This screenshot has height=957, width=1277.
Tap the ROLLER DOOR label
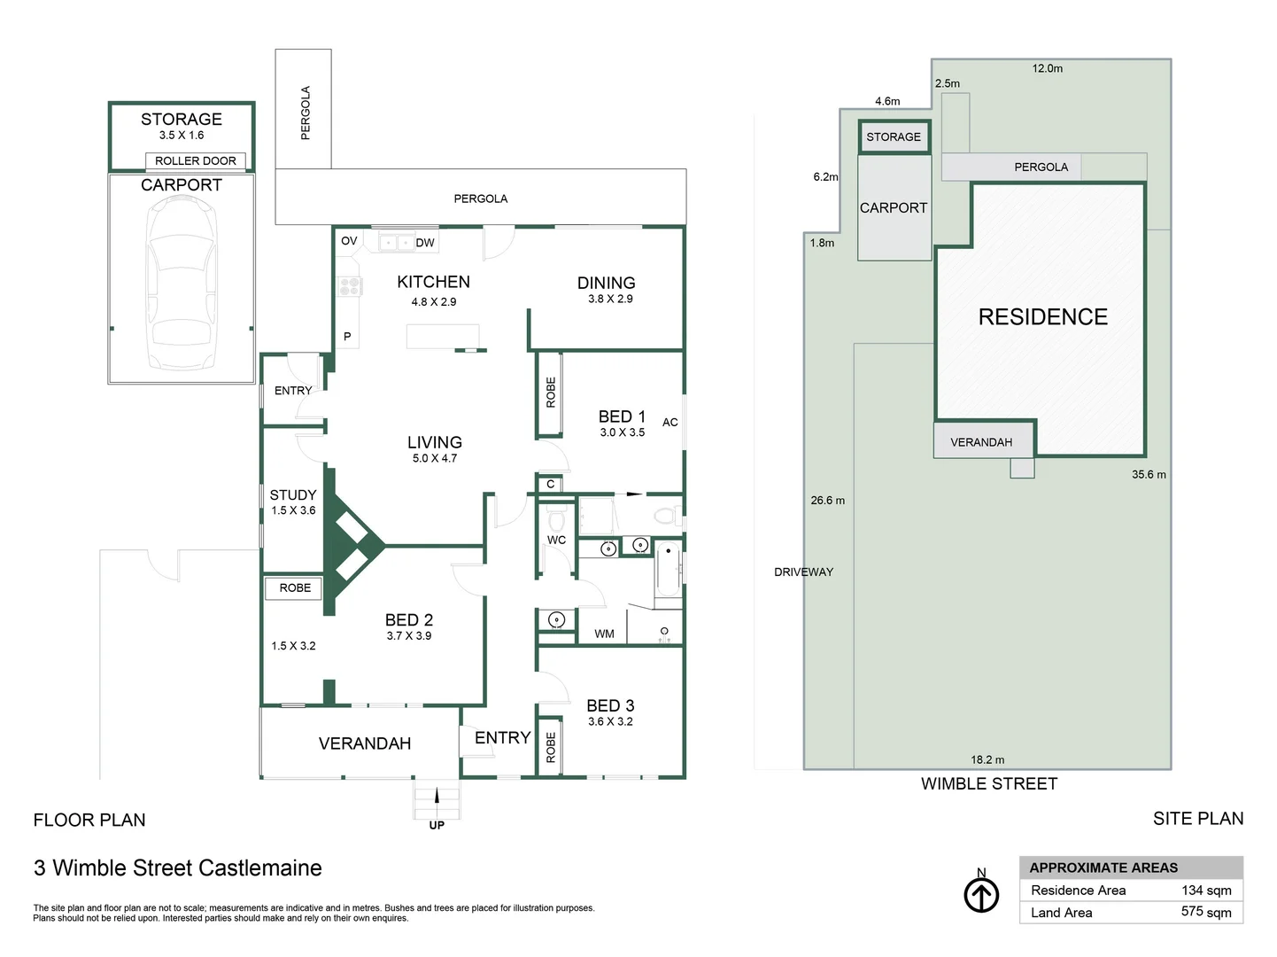(196, 161)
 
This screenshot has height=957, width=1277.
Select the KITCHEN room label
(433, 282)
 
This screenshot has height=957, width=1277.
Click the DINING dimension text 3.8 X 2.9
(610, 300)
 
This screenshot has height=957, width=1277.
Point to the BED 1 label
(622, 416)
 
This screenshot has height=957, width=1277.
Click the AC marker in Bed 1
(670, 423)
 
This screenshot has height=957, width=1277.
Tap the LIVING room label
(434, 442)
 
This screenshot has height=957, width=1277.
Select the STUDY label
(293, 495)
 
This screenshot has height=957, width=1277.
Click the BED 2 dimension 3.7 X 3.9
(409, 636)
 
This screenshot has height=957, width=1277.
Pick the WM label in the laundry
(604, 634)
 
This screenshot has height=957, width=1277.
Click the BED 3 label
(610, 705)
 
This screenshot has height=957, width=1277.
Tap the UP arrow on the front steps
(437, 797)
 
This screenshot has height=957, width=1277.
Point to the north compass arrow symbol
(981, 894)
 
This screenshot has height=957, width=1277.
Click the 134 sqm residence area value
(1205, 891)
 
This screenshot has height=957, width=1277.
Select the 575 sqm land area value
(1205, 913)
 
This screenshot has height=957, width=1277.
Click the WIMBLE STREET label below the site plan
(988, 784)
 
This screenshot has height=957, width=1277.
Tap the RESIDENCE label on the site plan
(1042, 317)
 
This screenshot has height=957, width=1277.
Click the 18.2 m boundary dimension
(987, 760)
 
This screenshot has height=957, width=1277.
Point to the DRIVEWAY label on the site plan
(803, 572)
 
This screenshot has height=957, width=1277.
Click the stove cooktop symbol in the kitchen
(349, 286)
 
